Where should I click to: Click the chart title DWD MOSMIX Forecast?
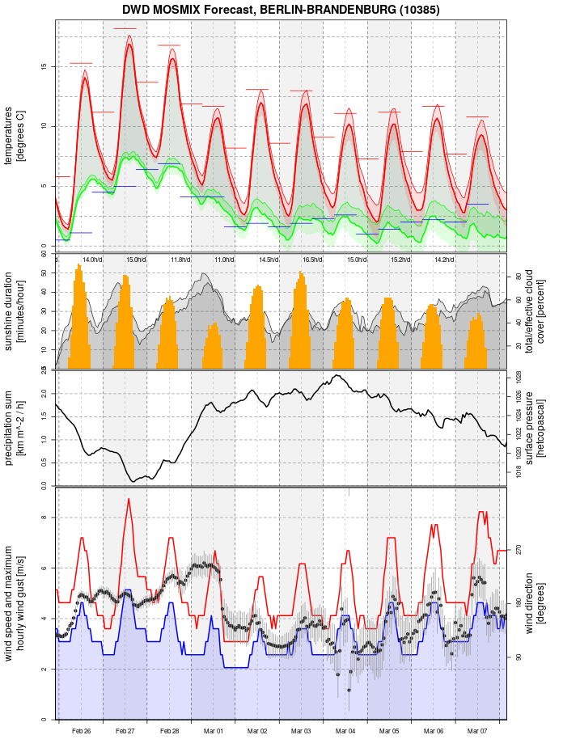pyautogui.click(x=281, y=11)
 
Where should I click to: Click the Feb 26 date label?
pyautogui.click(x=81, y=731)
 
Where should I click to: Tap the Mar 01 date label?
pyautogui.click(x=214, y=731)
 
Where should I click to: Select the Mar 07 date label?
pyautogui.click(x=478, y=731)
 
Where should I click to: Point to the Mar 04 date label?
pyautogui.click(x=345, y=731)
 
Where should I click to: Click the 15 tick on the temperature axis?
pyautogui.click(x=45, y=66)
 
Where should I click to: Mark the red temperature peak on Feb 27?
pyautogui.click(x=129, y=45)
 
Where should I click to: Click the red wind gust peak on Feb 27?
pyautogui.click(x=128, y=499)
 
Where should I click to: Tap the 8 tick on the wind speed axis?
pyautogui.click(x=45, y=518)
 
